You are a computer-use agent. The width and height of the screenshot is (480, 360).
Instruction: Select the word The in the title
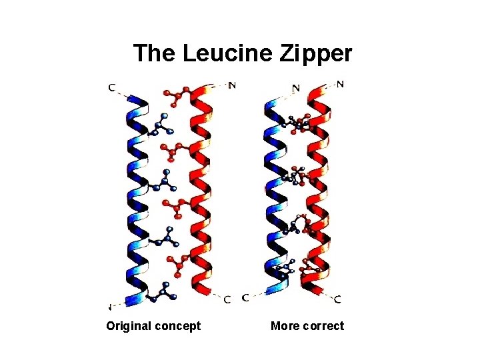pos(154,53)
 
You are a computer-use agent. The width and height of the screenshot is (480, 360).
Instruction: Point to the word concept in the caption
pos(177,326)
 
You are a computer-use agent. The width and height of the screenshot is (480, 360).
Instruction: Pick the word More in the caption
pos(285,326)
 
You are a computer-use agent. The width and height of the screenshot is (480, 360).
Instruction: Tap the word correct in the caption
pos(323,326)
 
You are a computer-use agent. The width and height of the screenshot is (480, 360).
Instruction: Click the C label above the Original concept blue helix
pos(111,87)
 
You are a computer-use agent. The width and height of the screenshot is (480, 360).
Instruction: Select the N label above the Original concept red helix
pos(232,85)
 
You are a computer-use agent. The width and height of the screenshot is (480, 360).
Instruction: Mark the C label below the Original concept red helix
pos(227,300)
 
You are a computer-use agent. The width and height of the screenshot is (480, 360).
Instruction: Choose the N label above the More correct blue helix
pos(295,87)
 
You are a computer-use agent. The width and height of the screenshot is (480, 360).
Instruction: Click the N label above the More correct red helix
pos(341,84)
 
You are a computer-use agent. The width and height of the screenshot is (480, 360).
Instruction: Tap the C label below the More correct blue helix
pos(246,298)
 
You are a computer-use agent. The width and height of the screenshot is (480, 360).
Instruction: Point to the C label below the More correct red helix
pos(337,299)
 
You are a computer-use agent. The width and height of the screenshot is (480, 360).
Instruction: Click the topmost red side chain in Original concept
pos(177,97)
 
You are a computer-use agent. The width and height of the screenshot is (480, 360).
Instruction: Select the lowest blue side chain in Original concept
pos(163,291)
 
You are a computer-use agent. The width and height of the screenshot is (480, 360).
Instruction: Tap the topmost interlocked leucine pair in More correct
pos(299,123)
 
